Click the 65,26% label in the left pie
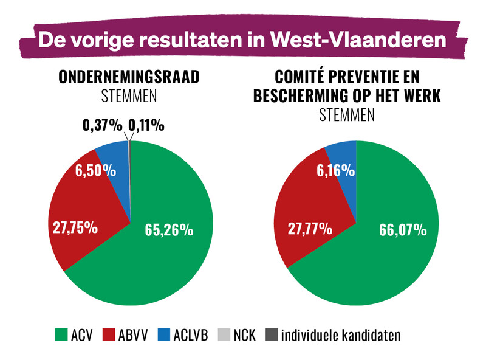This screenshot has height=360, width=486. [169, 229]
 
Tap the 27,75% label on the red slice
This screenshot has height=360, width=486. [72, 227]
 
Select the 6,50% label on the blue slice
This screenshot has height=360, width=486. [95, 171]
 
